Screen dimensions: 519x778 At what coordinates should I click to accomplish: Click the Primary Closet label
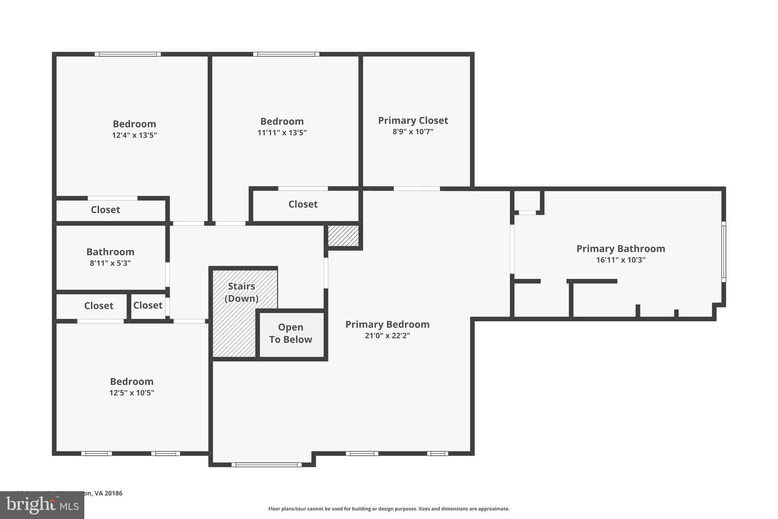tap(413, 120)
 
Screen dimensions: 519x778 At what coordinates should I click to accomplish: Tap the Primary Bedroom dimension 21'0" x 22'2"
tap(387, 336)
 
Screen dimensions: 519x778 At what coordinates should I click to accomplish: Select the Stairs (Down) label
tap(241, 292)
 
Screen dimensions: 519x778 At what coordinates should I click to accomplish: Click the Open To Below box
tap(291, 334)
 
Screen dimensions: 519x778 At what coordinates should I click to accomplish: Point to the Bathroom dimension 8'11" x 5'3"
tap(110, 263)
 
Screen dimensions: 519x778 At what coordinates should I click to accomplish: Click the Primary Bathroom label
tap(620, 249)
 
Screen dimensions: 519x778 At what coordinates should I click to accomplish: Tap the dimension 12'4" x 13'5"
tap(134, 135)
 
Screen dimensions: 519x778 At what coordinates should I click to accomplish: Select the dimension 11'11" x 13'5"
tap(281, 132)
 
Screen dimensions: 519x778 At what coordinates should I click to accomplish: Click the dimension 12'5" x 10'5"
tap(131, 393)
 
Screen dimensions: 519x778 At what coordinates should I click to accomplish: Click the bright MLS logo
tap(42, 505)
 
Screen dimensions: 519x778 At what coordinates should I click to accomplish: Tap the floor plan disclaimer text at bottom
tap(388, 509)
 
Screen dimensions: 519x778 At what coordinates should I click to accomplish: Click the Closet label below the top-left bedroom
tap(105, 210)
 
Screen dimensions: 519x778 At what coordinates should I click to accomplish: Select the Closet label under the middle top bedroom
tap(303, 204)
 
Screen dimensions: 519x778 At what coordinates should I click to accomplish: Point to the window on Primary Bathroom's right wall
tap(723, 251)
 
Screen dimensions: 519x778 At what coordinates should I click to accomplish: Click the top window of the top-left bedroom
tap(128, 54)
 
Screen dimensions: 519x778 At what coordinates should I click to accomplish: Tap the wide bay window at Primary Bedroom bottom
tap(266, 464)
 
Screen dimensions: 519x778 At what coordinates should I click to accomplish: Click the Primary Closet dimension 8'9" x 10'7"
tap(413, 131)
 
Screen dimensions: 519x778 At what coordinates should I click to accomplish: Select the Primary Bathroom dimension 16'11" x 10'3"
tap(620, 260)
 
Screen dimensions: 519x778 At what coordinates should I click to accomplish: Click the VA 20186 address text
tap(108, 493)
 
